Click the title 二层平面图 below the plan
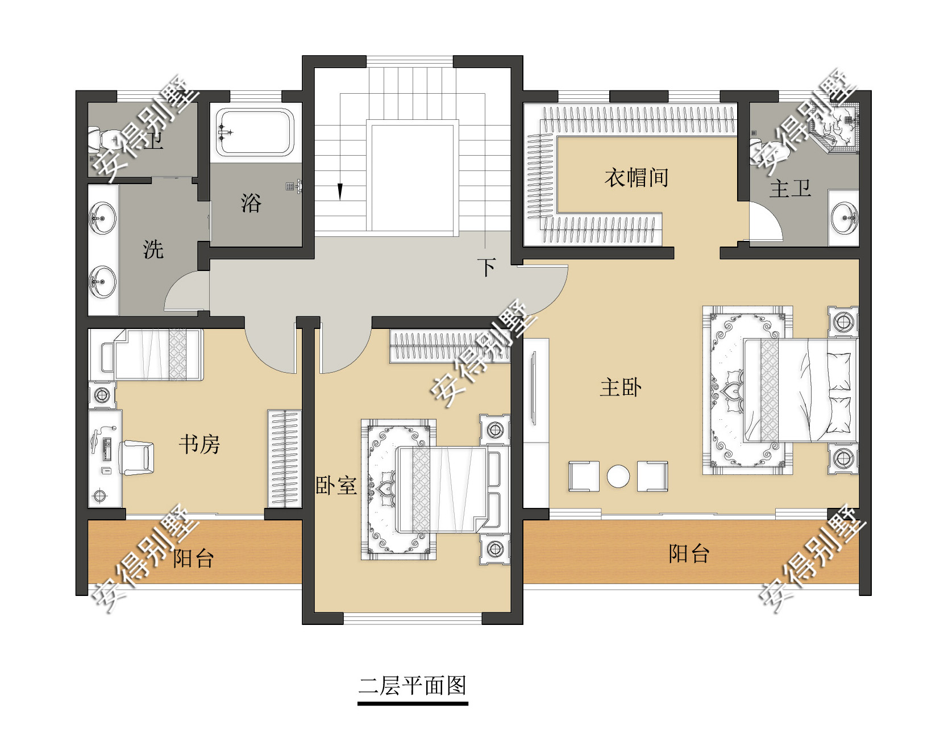(412, 686)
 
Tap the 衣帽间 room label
(636, 178)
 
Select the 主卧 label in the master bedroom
(621, 388)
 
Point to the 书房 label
(199, 444)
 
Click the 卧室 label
(336, 486)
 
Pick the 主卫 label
(789, 189)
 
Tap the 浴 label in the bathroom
(251, 203)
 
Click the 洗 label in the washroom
(153, 249)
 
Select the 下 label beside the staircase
(486, 267)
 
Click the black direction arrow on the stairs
(340, 191)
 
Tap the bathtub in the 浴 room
(255, 133)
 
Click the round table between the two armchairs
(618, 476)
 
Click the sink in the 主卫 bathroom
(845, 219)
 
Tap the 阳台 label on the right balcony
(689, 553)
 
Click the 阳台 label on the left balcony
(193, 558)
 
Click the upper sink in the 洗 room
(103, 218)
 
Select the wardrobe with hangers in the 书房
(284, 458)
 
